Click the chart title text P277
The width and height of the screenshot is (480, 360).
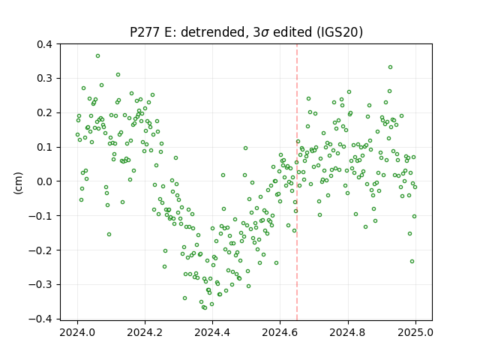(x=145, y=32)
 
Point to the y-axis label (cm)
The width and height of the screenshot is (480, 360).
(x=18, y=183)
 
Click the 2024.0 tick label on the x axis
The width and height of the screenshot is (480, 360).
(x=77, y=332)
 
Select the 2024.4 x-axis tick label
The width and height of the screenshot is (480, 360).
(x=212, y=332)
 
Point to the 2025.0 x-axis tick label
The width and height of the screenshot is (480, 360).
(x=415, y=332)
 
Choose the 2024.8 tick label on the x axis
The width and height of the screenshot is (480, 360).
(x=347, y=332)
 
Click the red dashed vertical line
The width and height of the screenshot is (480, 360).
(x=297, y=182)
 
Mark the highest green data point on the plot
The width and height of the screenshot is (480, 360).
(x=97, y=56)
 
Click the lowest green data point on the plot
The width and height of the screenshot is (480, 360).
(x=205, y=308)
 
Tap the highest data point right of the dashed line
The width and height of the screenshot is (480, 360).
(x=390, y=67)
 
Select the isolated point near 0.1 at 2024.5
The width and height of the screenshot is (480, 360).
(x=245, y=148)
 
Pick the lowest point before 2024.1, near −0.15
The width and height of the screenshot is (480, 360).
(x=109, y=235)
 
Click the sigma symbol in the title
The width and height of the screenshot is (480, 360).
(x=265, y=33)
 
